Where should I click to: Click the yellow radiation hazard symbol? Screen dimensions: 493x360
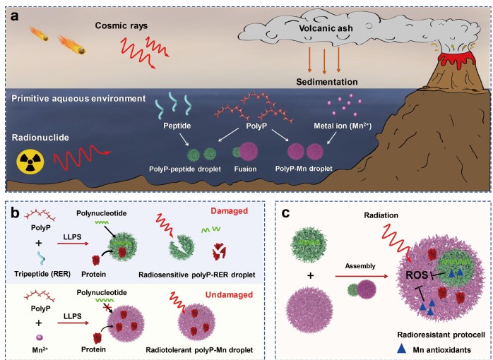[30, 162]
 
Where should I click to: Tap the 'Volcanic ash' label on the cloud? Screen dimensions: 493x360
[326, 28]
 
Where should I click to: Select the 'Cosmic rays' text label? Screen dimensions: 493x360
[121, 25]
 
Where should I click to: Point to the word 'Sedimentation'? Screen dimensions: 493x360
[327, 82]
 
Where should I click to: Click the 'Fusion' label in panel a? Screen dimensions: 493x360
[245, 169]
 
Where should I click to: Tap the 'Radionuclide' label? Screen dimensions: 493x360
[40, 138]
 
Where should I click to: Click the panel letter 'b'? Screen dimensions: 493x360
[15, 212]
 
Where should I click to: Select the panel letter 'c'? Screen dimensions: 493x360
[285, 213]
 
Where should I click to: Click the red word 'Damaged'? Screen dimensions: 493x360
[230, 211]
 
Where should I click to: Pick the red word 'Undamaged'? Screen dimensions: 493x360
[230, 294]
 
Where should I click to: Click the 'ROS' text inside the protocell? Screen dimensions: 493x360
[417, 275]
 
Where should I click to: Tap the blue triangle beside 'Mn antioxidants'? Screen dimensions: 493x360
[402, 349]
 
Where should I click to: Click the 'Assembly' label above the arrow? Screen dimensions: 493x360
[360, 266]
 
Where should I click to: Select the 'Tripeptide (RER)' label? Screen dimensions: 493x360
[42, 274]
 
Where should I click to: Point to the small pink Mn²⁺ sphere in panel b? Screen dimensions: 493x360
[40, 337]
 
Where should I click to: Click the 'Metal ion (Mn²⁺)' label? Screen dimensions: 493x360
[343, 126]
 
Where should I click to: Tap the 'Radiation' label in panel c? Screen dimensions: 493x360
[381, 215]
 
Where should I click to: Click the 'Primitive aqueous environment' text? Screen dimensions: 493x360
[78, 99]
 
